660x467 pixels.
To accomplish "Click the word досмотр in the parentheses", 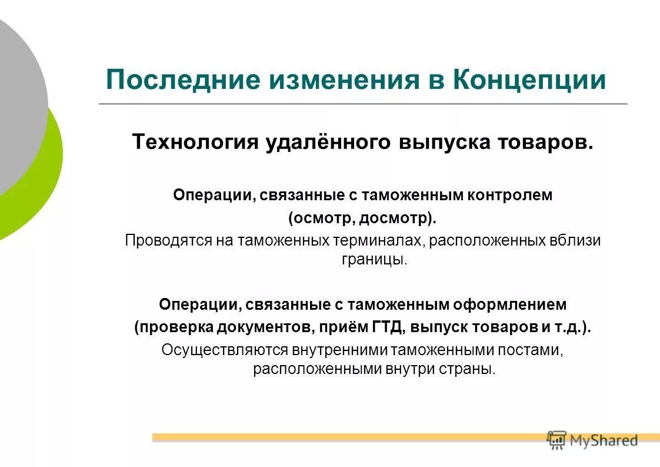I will click(x=398, y=218).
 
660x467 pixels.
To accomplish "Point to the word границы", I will click(x=374, y=260).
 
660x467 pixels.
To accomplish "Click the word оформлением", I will click(x=510, y=304).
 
